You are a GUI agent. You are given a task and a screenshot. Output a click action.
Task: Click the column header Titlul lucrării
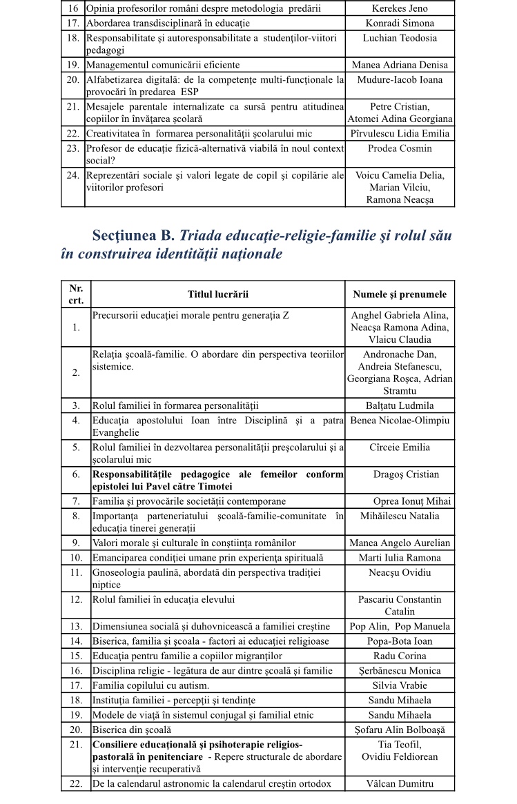click(218, 294)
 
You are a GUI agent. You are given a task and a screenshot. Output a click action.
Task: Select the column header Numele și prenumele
click(400, 294)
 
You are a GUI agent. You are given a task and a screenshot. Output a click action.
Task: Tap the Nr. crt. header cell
click(76, 294)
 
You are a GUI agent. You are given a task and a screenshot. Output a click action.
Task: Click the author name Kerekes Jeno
click(400, 10)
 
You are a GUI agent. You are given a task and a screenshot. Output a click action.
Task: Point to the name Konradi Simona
click(400, 23)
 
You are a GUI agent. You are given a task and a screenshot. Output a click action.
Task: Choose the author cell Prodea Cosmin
click(400, 148)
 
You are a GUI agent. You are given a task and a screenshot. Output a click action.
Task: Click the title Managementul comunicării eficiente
click(163, 65)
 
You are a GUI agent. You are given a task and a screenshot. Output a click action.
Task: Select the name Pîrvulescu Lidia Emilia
click(400, 134)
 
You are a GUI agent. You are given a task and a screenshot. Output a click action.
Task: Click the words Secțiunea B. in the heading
click(134, 236)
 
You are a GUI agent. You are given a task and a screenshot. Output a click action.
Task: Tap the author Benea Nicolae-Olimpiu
click(400, 420)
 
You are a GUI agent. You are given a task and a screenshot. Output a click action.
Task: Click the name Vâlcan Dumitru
click(400, 783)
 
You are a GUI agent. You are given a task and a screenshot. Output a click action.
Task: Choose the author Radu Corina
click(400, 656)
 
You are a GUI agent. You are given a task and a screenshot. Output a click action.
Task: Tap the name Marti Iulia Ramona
click(400, 557)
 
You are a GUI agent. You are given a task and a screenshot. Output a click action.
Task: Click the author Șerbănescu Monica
click(400, 671)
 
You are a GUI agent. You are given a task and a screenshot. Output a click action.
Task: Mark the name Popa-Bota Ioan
click(400, 642)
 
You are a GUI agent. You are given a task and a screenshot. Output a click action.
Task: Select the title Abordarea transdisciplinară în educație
click(162, 23)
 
